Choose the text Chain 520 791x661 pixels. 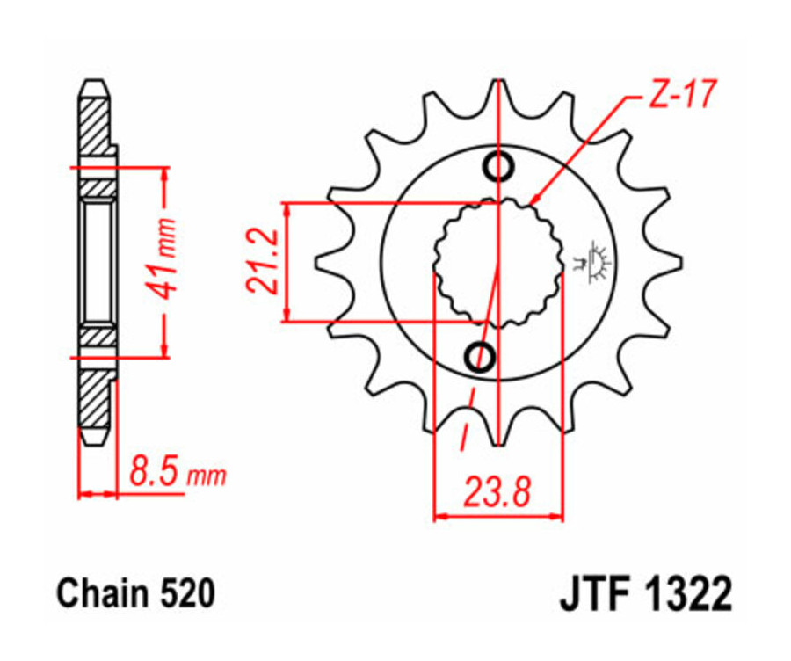point(135,594)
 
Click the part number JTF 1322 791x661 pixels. point(644,594)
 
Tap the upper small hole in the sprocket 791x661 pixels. point(499,165)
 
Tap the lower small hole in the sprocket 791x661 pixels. point(483,356)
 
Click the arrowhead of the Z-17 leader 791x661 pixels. point(535,201)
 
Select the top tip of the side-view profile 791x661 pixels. point(96,85)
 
